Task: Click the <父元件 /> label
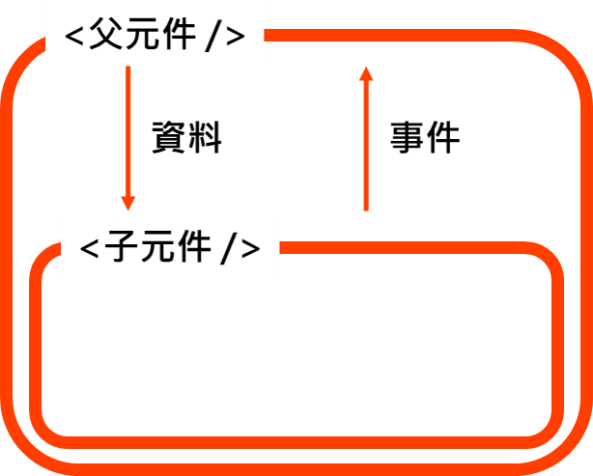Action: (155, 37)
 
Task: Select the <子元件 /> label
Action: (170, 248)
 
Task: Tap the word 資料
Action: (187, 139)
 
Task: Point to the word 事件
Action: (425, 139)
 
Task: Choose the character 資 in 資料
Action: (171, 139)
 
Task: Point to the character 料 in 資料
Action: (206, 139)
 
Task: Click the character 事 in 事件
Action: (408, 139)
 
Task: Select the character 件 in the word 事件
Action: (443, 139)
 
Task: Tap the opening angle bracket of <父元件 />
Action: (74, 38)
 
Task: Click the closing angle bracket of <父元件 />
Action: (235, 38)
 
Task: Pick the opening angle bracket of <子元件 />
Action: (90, 249)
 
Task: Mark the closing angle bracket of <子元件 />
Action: (250, 249)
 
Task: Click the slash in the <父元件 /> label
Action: (212, 38)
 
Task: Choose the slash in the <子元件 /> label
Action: (228, 249)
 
